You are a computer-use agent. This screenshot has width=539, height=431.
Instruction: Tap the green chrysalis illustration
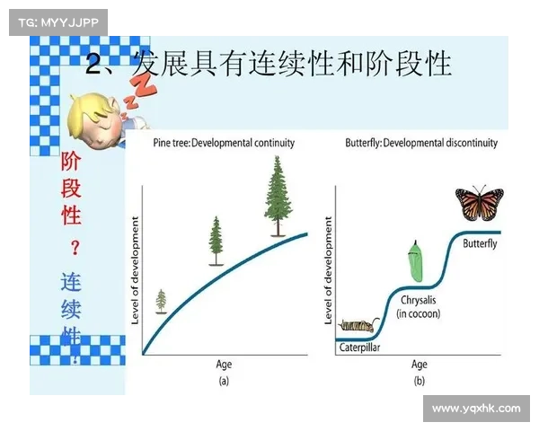(x=414, y=259)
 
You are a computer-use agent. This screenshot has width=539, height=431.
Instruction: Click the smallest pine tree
(x=161, y=301)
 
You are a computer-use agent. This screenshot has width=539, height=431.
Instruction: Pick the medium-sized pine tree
(x=216, y=241)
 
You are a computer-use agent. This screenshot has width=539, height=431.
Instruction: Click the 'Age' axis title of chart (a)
(x=224, y=365)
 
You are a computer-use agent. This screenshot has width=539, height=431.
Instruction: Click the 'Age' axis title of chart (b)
(x=419, y=365)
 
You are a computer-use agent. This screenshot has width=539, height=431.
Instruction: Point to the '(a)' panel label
(x=224, y=380)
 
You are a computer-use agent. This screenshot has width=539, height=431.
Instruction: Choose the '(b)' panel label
(x=419, y=380)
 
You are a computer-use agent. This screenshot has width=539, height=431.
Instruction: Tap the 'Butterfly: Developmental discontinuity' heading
(x=421, y=143)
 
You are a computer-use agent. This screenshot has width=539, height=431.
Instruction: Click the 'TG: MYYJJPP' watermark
(x=57, y=22)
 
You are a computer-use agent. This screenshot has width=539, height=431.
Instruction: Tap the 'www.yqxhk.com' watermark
(x=475, y=409)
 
